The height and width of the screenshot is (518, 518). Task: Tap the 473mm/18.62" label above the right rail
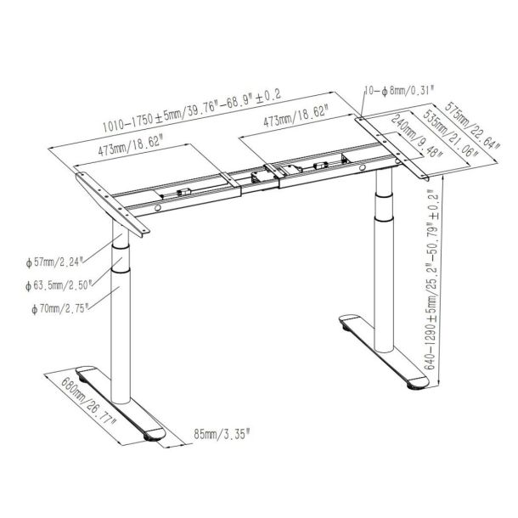[x=296, y=115]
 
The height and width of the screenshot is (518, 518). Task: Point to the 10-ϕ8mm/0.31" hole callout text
[x=399, y=90]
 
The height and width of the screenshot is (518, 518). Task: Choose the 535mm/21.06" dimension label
[x=450, y=133]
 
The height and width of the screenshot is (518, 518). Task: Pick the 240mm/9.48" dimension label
[x=417, y=136]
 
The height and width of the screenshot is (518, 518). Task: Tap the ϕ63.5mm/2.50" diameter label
[x=59, y=285]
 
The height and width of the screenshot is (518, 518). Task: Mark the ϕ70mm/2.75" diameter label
[x=60, y=309]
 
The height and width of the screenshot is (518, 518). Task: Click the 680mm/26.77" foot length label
[x=88, y=401]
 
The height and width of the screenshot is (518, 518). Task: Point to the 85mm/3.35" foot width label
[x=220, y=434]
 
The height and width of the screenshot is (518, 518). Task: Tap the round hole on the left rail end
[x=158, y=208]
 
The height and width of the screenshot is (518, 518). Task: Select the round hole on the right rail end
[x=363, y=167]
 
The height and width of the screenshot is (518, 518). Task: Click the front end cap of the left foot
[x=154, y=433]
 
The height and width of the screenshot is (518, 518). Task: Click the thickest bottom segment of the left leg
[x=121, y=336]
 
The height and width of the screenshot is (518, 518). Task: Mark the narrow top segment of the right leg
[x=384, y=181]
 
